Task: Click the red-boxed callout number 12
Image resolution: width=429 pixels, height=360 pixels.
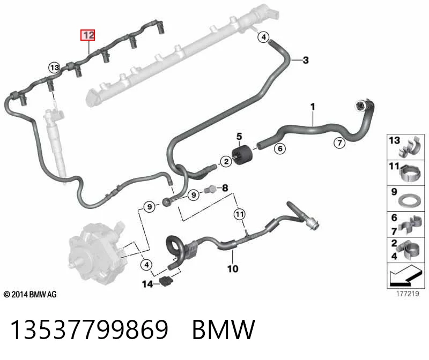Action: (87, 35)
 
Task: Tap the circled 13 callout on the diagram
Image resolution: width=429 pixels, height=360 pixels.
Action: (54, 67)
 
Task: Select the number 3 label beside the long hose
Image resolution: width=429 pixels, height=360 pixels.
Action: (306, 60)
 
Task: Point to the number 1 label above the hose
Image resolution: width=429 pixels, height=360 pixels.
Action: (313, 107)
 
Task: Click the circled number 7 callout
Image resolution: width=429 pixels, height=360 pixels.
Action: (339, 142)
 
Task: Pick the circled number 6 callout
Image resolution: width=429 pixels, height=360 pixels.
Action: (280, 149)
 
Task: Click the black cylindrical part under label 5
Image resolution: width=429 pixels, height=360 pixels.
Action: (242, 156)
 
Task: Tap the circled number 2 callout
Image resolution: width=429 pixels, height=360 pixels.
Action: (226, 161)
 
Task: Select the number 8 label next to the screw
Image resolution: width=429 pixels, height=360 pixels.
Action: (225, 188)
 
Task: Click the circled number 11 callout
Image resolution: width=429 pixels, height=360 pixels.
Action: (240, 214)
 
